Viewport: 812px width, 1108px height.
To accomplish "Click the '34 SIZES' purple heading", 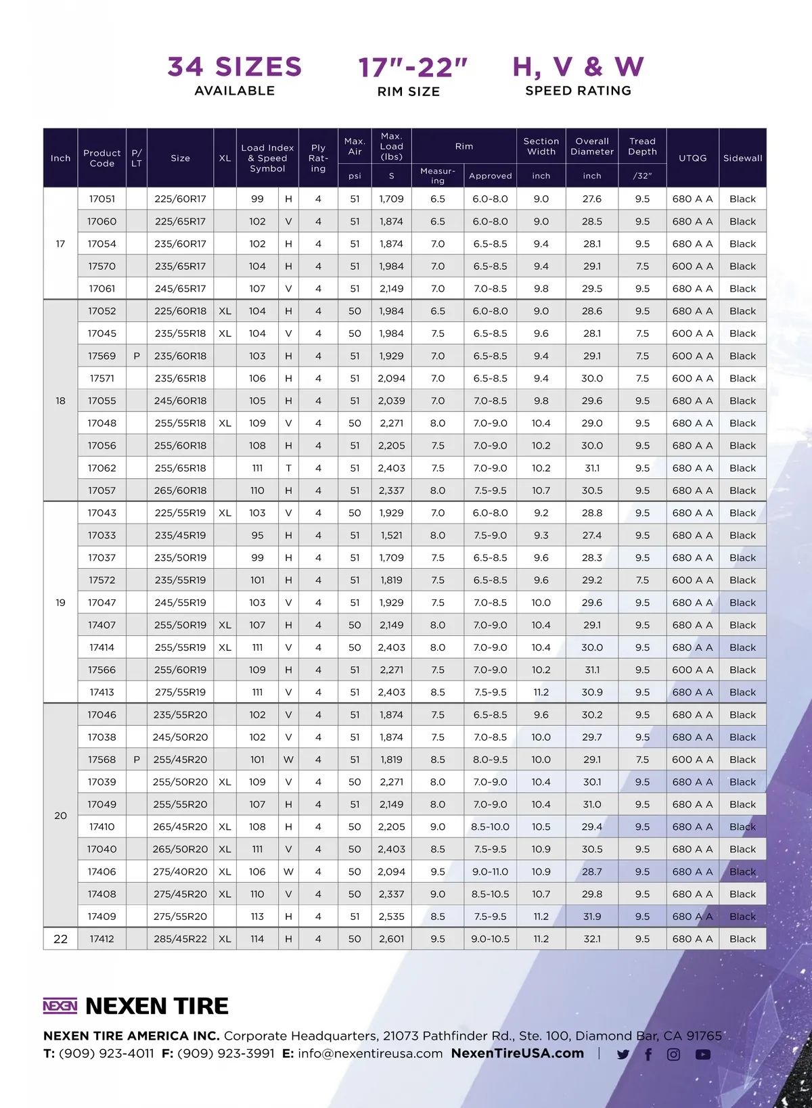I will pyautogui.click(x=234, y=66).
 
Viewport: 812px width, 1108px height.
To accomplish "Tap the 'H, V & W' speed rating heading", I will pyautogui.click(x=578, y=66).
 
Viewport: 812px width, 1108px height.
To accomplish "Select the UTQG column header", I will pyautogui.click(x=692, y=158).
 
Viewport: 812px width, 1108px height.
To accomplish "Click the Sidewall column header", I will pyautogui.click(x=742, y=158).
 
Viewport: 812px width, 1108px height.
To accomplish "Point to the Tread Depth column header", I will pyautogui.click(x=642, y=146).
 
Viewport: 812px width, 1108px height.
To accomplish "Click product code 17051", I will pyautogui.click(x=102, y=199).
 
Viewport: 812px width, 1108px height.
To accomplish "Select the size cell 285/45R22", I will pyautogui.click(x=180, y=939).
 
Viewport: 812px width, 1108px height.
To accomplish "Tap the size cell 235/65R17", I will pyautogui.click(x=180, y=267).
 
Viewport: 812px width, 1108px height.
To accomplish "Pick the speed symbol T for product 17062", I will pyautogui.click(x=288, y=468).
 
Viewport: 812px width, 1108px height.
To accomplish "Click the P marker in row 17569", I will pyautogui.click(x=137, y=356).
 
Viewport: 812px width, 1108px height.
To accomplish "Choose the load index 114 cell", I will pyautogui.click(x=257, y=939).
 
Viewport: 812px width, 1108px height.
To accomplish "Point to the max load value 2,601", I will pyautogui.click(x=391, y=939).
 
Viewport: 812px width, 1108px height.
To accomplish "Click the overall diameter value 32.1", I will pyautogui.click(x=592, y=939).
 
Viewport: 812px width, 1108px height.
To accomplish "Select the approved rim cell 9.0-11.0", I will pyautogui.click(x=490, y=872).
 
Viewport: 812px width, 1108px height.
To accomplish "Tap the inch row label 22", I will pyautogui.click(x=60, y=939).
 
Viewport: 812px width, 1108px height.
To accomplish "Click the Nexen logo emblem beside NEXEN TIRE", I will pyautogui.click(x=60, y=1006).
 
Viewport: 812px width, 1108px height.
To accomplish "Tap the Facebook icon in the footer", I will pyautogui.click(x=648, y=1055).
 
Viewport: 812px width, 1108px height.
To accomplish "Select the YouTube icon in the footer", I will pyautogui.click(x=703, y=1055).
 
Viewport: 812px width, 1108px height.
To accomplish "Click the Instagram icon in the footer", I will pyautogui.click(x=674, y=1055).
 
